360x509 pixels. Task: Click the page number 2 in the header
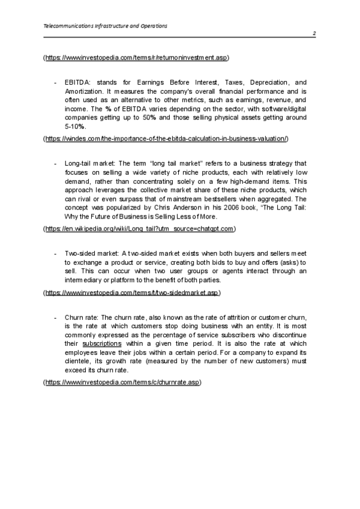point(314,34)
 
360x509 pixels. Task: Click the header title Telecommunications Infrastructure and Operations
point(106,26)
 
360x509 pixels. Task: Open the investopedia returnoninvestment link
point(137,58)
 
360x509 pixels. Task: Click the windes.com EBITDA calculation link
point(166,139)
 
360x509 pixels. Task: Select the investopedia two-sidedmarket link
point(133,292)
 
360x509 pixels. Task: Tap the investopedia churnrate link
point(124,382)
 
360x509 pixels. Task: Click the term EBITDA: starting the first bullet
point(76,82)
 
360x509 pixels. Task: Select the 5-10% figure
point(75,127)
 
